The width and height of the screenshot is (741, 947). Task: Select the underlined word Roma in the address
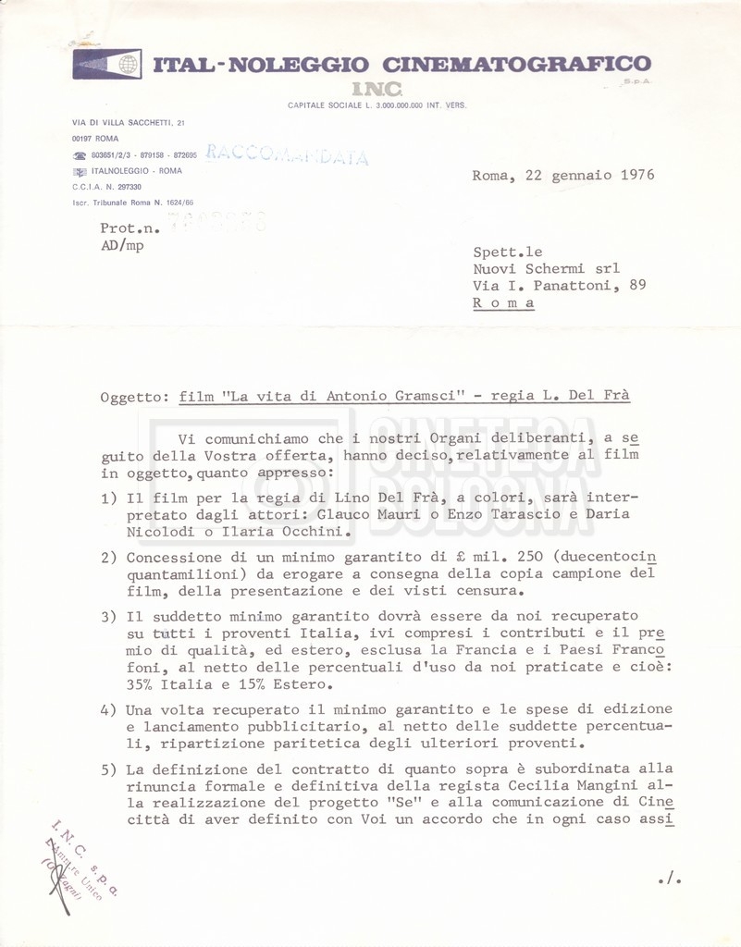(x=503, y=302)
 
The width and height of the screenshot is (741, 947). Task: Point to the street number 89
(x=637, y=285)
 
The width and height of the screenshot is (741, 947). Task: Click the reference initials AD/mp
(x=122, y=245)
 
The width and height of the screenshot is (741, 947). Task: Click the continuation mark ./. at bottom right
(x=669, y=879)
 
